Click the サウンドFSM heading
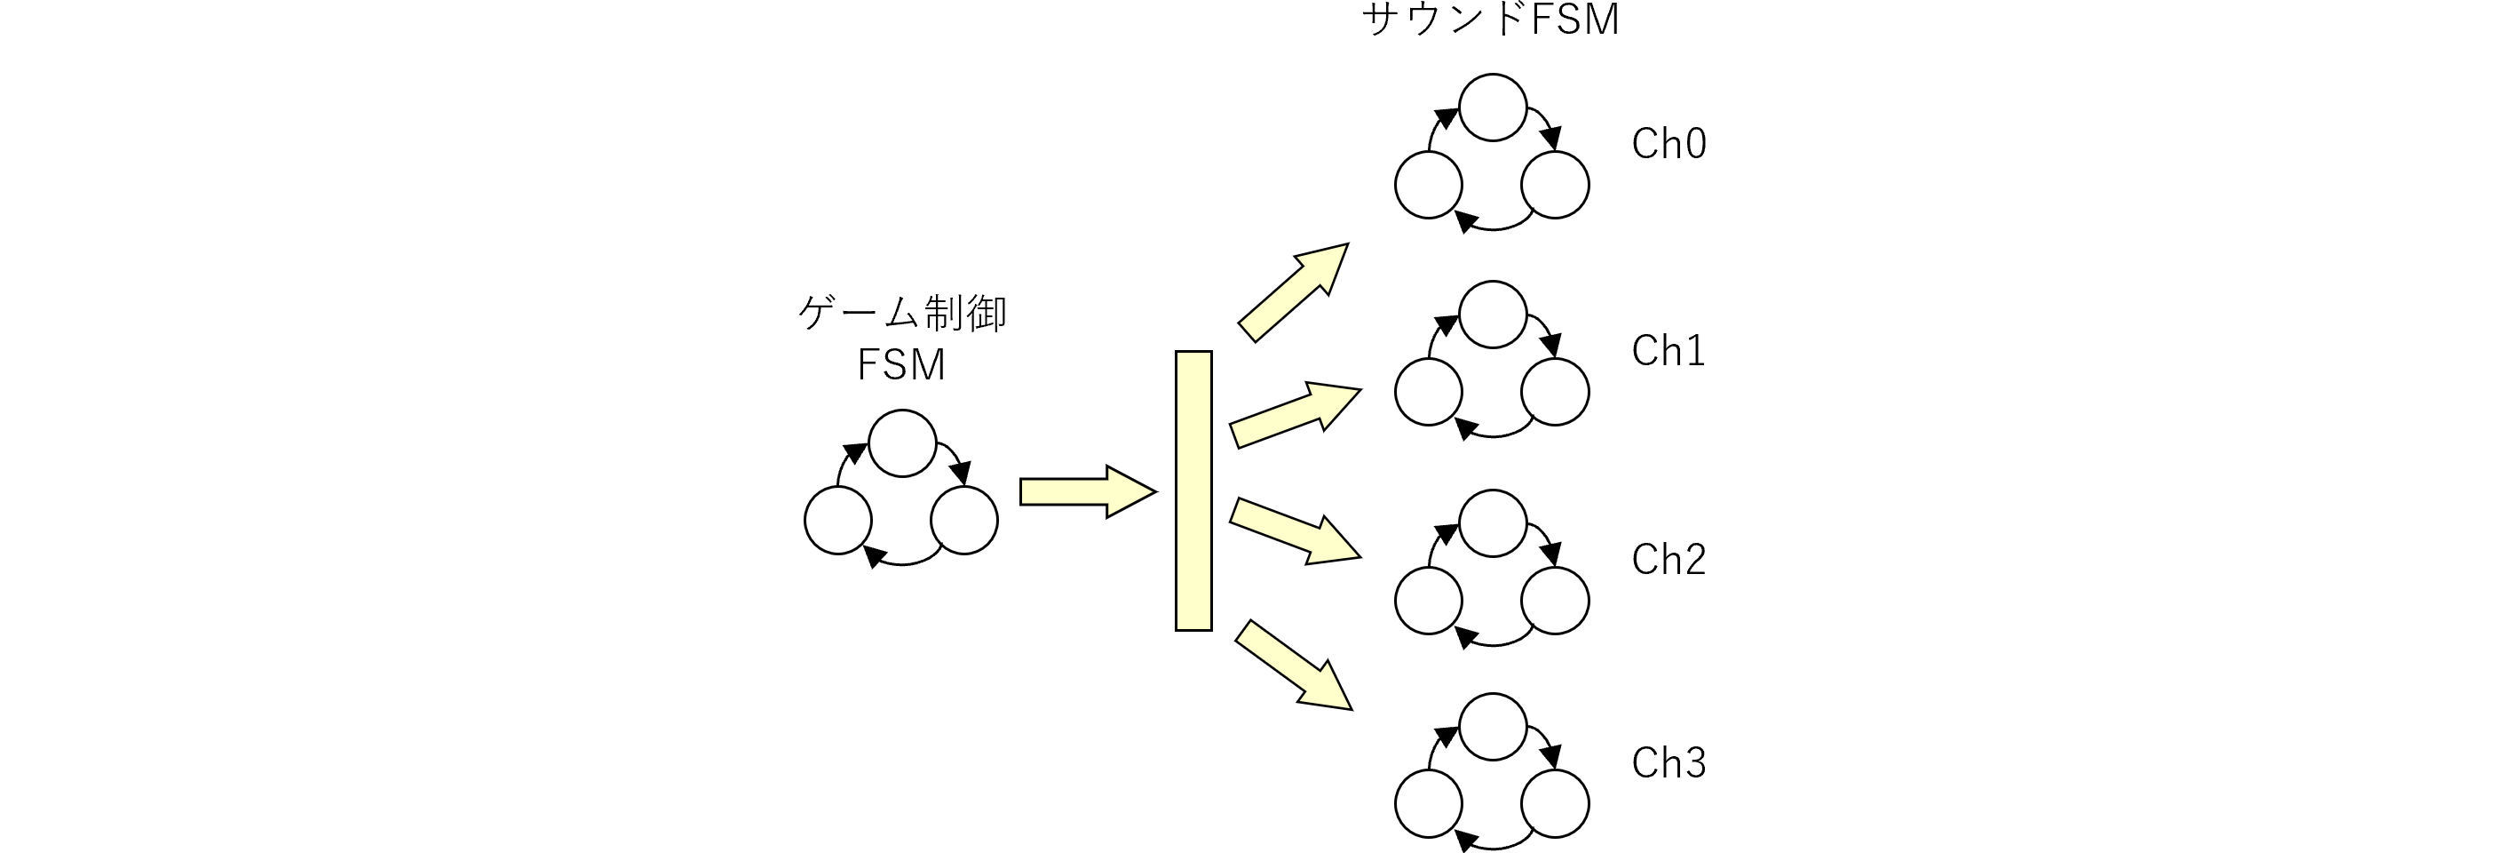[1491, 20]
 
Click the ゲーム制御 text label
[902, 315]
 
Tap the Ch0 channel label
[1668, 144]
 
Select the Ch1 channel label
[1668, 351]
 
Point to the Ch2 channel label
[1668, 559]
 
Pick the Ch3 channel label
[1668, 763]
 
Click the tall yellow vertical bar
[1193, 491]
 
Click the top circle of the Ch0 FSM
[1492, 107]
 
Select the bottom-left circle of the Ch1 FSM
[1428, 392]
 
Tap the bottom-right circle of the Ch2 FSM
[1554, 600]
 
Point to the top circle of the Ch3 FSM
[1492, 727]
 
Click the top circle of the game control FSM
[902, 443]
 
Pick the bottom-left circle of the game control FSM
[837, 521]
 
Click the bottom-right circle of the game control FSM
[963, 521]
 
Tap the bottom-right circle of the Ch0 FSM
[1554, 185]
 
